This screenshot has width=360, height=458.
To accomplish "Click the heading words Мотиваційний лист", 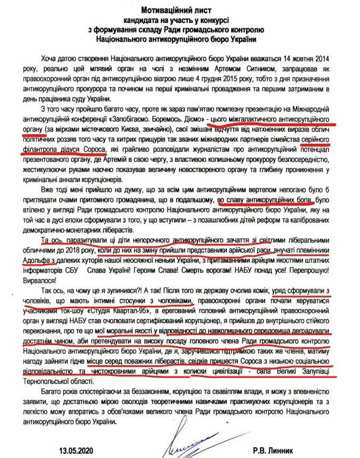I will click(180, 10).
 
